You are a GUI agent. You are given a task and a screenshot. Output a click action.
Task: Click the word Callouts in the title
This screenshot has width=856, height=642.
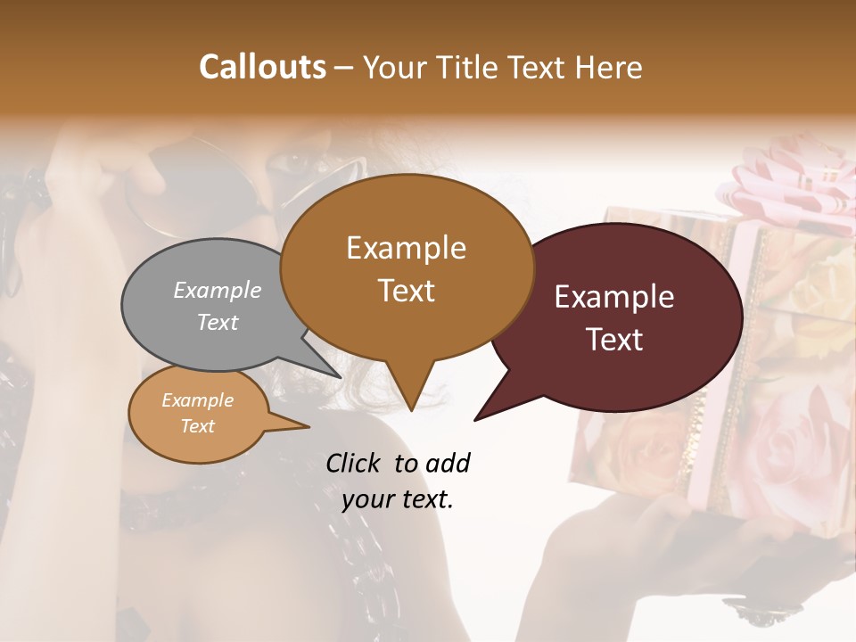coord(262,67)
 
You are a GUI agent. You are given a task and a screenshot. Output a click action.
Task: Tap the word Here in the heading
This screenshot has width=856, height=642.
coord(610,67)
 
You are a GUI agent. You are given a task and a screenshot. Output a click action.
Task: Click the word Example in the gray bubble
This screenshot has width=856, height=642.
coord(218,290)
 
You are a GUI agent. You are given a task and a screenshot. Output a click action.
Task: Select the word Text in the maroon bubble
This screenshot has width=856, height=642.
coord(614,340)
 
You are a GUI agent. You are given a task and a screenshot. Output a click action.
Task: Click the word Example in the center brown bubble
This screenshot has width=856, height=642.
coord(406,248)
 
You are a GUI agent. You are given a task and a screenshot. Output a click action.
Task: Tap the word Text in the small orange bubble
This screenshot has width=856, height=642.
coord(198,425)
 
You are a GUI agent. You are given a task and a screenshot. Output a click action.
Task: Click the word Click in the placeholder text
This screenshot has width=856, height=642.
coord(355,463)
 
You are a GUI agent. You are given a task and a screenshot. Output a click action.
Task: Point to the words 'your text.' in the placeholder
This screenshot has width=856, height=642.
coord(398,499)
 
